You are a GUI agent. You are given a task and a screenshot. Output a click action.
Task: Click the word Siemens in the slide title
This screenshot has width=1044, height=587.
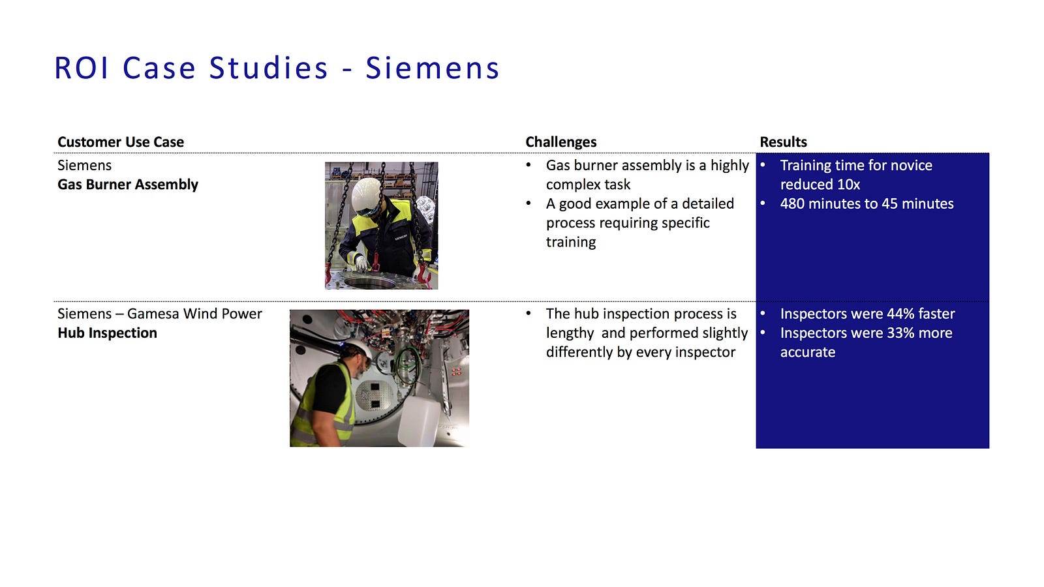[432, 68]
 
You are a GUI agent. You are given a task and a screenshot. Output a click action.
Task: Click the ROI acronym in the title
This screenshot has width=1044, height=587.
[82, 68]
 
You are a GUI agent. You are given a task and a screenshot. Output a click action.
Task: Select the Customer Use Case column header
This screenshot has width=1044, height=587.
[121, 142]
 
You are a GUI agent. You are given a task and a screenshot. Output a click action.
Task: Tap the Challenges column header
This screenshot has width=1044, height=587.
[560, 142]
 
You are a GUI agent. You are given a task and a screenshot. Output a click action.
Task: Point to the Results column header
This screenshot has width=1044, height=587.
[783, 142]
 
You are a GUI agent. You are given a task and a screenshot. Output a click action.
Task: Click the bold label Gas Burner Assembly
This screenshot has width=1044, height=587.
[128, 185]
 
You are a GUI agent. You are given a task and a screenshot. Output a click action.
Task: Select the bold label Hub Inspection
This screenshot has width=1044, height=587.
[107, 333]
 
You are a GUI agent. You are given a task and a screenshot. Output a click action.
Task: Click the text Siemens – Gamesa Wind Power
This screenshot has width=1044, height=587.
[159, 314]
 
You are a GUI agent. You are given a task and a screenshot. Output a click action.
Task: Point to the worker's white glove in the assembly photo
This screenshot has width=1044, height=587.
[361, 263]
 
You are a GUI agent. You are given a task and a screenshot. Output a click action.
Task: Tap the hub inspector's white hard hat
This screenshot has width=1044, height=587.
[358, 350]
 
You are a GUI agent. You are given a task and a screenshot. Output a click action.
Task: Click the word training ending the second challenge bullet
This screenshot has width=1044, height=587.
[571, 242]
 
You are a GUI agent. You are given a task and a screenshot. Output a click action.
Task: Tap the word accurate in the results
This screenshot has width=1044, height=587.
[808, 352]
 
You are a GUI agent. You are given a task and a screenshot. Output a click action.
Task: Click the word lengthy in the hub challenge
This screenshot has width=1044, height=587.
[570, 333]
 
